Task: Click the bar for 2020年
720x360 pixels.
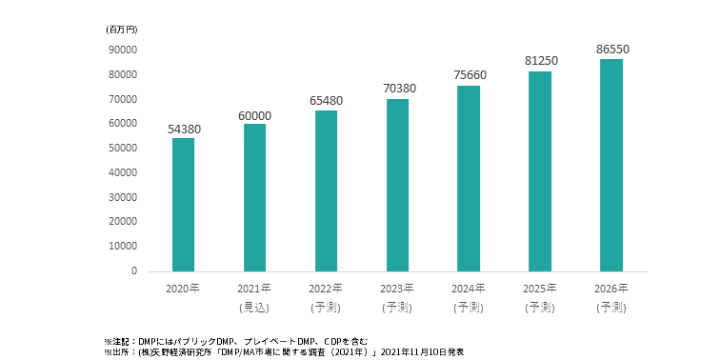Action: click(183, 205)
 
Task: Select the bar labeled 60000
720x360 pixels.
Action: click(254, 197)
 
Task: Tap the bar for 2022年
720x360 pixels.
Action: click(326, 190)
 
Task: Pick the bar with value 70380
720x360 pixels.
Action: click(397, 185)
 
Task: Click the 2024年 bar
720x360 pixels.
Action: click(468, 178)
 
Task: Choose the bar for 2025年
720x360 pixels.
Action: click(539, 171)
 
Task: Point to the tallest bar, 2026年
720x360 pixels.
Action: click(610, 165)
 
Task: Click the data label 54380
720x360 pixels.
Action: click(183, 130)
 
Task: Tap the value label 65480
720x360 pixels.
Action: click(326, 102)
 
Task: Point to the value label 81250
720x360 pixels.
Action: click(539, 60)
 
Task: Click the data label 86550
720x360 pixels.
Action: click(610, 48)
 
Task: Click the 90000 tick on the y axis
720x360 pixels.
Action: click(123, 50)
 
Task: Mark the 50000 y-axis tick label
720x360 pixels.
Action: click(123, 148)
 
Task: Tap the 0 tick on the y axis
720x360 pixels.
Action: click(134, 271)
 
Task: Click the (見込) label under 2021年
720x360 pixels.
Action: click(254, 307)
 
